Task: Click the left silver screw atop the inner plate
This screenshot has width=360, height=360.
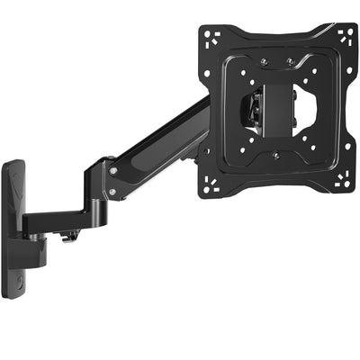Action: [x=263, y=62]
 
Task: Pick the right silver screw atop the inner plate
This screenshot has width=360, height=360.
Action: [x=291, y=62]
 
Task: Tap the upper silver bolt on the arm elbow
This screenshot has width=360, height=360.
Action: [x=112, y=170]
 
